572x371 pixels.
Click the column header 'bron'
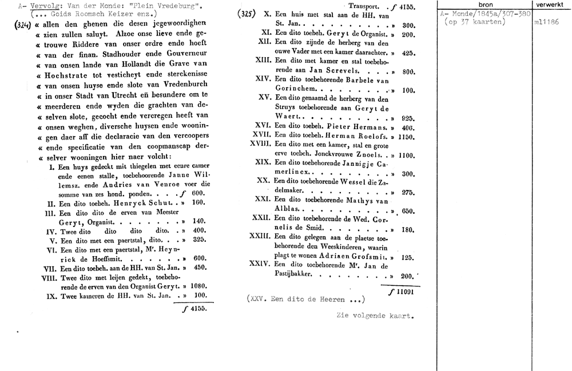[484, 5]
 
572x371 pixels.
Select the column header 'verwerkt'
[551, 5]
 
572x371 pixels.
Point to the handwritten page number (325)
[247, 15]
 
